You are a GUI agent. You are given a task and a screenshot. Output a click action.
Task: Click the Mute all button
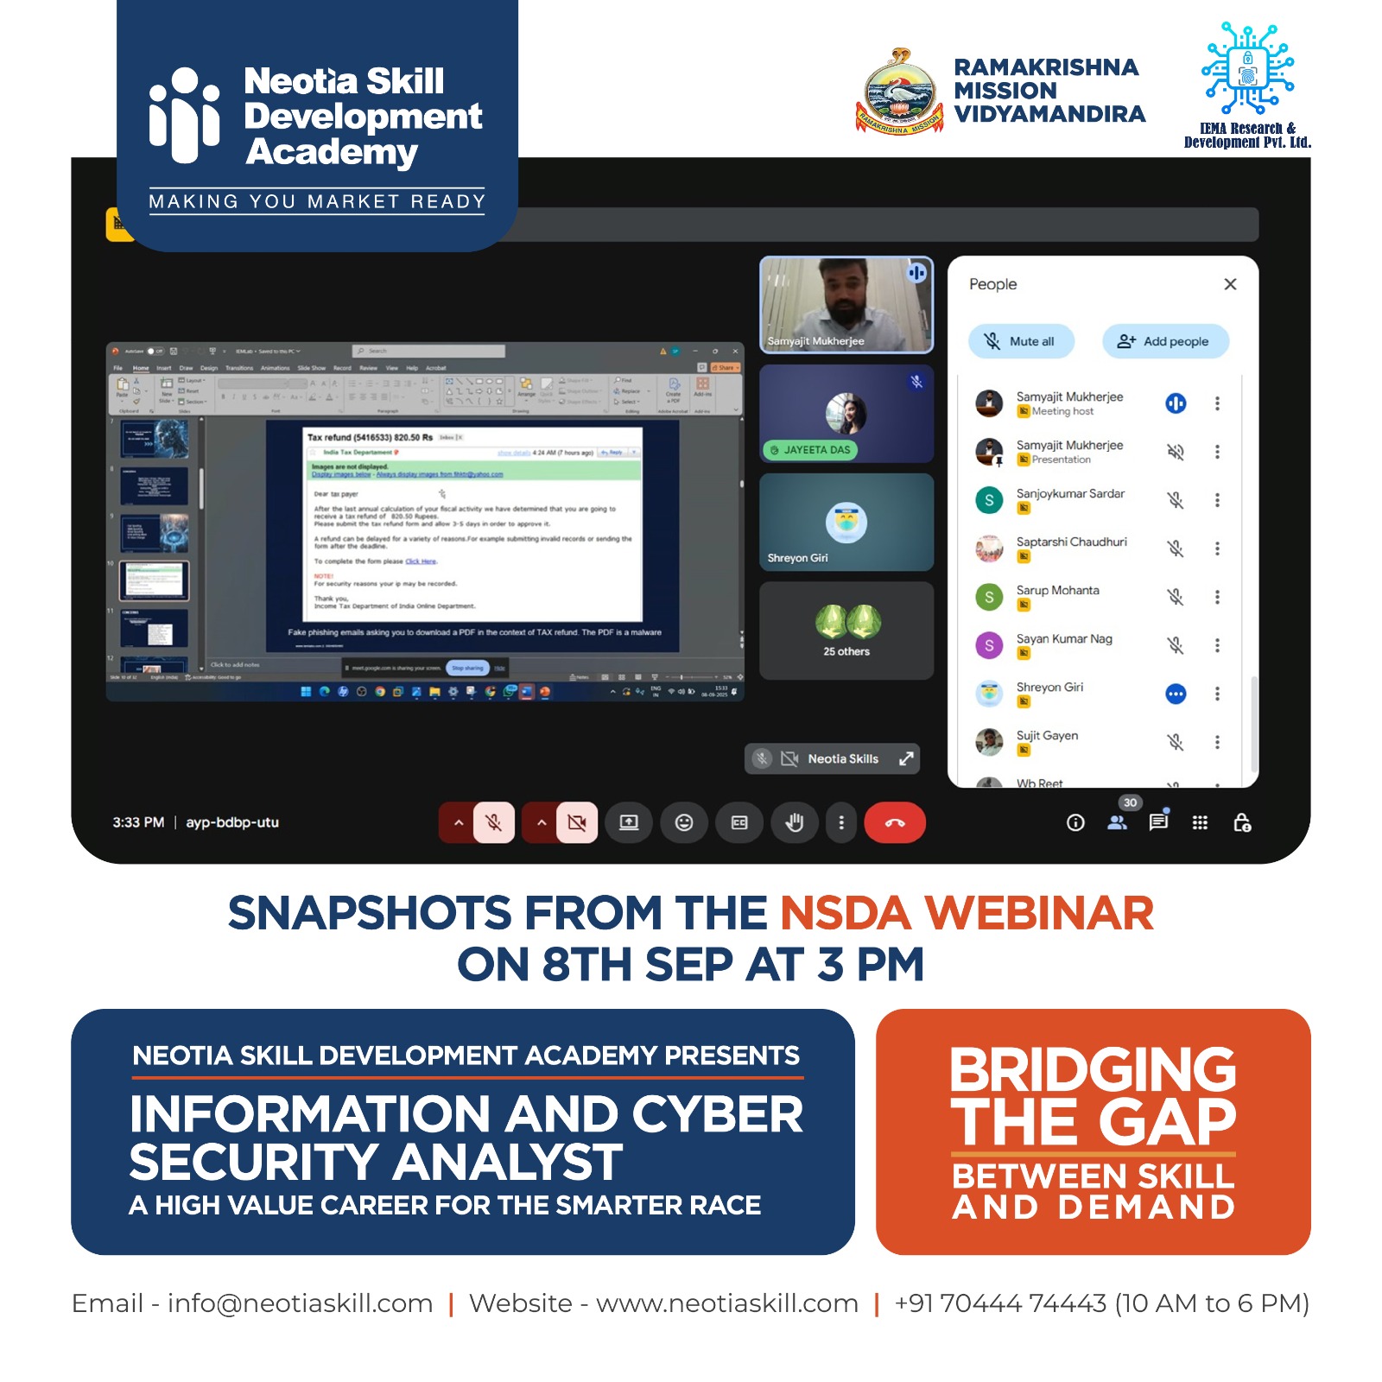1022,341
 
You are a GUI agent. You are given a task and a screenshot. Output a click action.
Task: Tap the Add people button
1164,341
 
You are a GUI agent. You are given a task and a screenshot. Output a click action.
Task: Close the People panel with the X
1230,284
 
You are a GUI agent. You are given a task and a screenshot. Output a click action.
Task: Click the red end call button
894,822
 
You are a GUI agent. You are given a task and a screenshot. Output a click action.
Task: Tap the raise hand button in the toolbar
794,822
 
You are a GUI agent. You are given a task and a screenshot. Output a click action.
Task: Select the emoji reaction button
683,822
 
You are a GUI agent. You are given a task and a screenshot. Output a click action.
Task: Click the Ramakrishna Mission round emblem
900,93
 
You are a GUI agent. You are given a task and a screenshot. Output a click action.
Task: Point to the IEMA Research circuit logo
1247,69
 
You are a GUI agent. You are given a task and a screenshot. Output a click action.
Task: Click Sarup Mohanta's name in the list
1057,590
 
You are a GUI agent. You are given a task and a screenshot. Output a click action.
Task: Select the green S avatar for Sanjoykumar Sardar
989,500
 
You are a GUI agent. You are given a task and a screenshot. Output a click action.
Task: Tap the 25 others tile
846,631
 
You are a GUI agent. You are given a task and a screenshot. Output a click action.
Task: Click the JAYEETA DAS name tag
810,450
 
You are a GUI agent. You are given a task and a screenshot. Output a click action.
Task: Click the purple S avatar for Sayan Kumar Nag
989,645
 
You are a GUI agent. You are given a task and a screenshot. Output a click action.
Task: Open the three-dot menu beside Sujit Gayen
1217,742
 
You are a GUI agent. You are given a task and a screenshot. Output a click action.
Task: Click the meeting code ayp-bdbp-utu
232,822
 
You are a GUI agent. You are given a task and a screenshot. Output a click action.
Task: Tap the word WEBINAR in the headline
1038,914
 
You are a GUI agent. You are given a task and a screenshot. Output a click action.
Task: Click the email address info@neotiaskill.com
300,1303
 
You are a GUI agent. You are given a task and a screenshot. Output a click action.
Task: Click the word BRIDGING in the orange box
1093,1070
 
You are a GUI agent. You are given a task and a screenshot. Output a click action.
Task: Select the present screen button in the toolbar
628,822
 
